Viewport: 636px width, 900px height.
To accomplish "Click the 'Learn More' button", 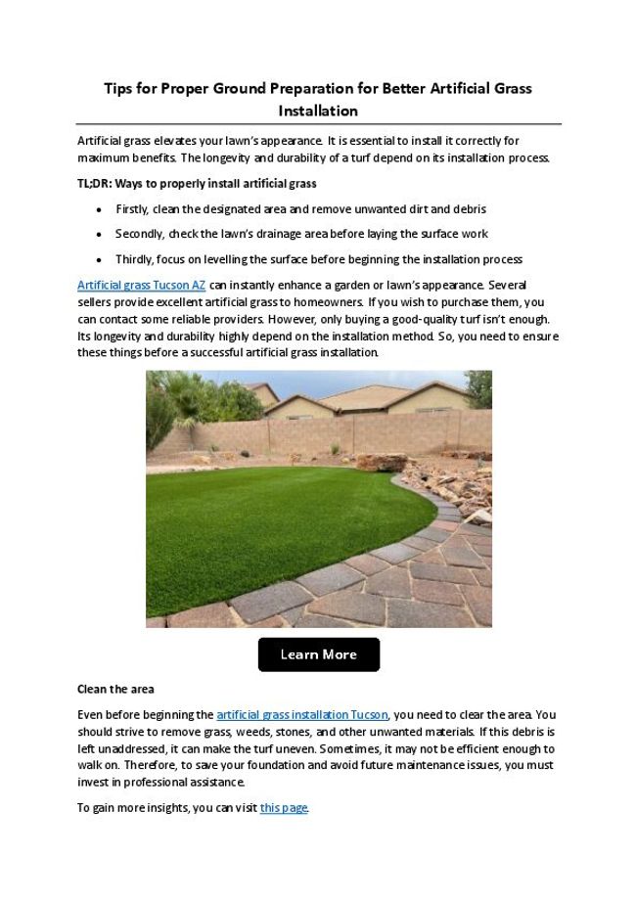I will click(318, 654).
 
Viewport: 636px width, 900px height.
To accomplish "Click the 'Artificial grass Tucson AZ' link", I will click(141, 285).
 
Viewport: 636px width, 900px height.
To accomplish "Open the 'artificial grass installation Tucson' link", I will click(302, 715).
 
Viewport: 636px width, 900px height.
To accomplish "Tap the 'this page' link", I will click(284, 807).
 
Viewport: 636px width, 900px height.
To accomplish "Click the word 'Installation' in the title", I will click(318, 111).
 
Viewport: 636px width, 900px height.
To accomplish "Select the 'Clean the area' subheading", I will click(115, 690).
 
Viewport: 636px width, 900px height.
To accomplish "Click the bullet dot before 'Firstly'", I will click(100, 209).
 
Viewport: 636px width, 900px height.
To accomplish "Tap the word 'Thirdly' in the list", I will click(135, 259).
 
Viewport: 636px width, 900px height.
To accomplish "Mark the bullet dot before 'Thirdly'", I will click(100, 259).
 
